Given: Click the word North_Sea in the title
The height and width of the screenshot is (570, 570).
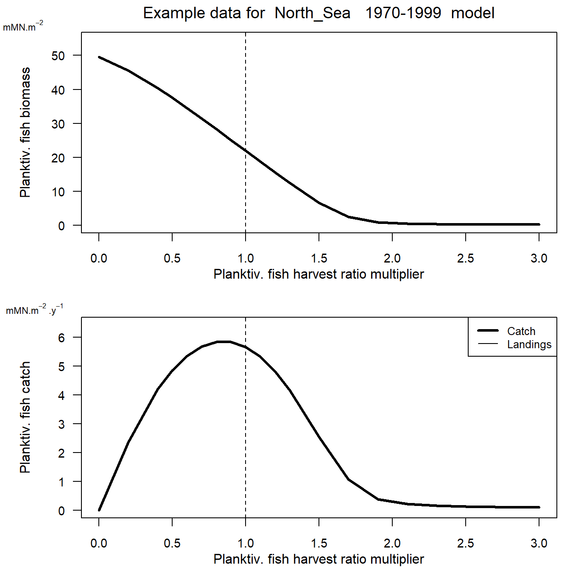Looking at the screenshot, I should click(313, 13).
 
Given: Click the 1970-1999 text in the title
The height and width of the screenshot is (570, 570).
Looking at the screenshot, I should click(403, 13).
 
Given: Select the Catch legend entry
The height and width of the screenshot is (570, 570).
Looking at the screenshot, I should click(521, 331).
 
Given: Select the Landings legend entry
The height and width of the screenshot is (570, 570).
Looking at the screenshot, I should click(529, 344).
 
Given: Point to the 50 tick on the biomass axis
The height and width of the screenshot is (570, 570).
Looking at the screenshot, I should click(58, 56).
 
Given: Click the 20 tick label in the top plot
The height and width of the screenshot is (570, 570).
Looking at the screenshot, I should click(58, 158).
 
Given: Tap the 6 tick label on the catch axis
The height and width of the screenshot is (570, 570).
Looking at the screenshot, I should click(61, 338).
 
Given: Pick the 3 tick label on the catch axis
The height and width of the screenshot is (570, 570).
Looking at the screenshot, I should click(61, 424).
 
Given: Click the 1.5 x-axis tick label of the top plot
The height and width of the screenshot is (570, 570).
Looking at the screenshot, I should click(319, 258).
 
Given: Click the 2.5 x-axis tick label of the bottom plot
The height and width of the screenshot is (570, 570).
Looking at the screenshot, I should click(466, 543).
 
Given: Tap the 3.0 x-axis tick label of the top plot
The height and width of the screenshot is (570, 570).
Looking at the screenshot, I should click(539, 258).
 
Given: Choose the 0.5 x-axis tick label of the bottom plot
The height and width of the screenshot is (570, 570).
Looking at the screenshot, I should click(172, 543).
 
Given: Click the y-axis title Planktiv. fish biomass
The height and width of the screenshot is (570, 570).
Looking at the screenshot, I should click(25, 132).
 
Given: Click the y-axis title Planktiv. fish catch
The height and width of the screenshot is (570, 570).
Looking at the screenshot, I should click(25, 417).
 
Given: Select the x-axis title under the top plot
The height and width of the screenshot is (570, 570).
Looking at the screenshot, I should click(319, 274).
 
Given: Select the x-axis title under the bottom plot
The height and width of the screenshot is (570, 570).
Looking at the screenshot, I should click(319, 559).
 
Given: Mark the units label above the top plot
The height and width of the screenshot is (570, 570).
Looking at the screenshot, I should click(23, 27).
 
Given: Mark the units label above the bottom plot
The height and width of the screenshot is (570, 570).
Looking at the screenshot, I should click(34, 310).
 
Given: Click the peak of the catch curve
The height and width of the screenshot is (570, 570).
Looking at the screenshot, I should click(224, 341).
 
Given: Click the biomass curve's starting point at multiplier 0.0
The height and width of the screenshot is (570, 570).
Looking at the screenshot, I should click(99, 57).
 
